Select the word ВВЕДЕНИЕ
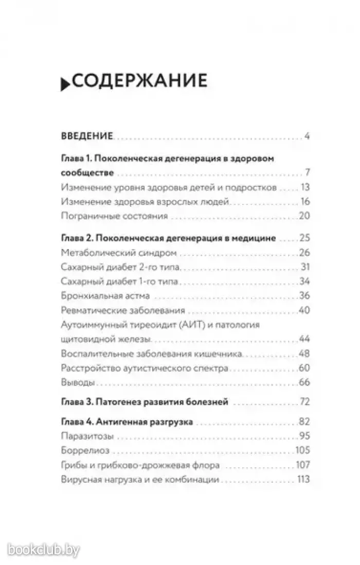86,137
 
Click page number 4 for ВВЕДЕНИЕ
305,137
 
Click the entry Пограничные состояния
114,217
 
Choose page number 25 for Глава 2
303,239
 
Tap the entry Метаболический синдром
118,253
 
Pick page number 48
303,355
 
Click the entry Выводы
77,383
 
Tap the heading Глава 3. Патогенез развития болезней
144,401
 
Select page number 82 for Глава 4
303,422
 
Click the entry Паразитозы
86,437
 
